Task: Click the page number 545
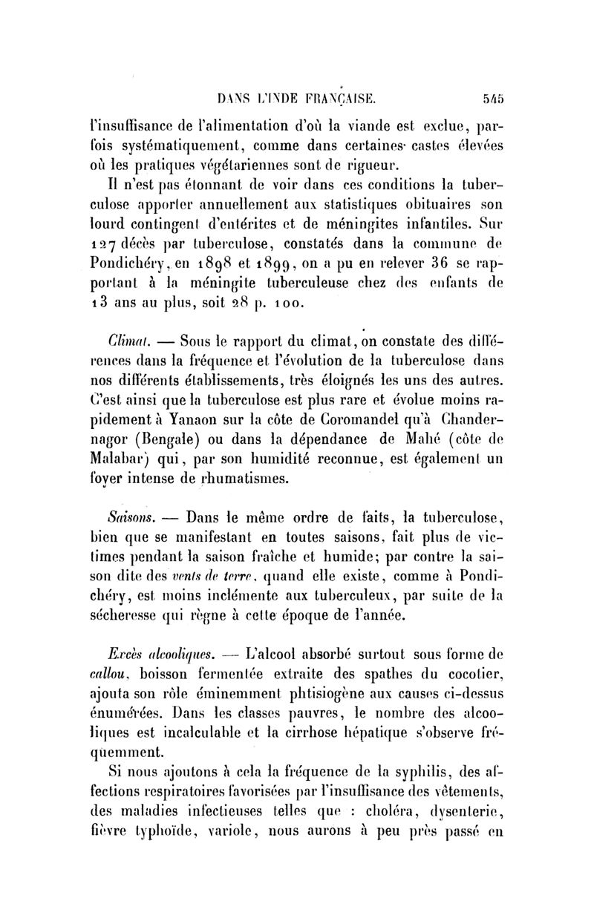pyautogui.click(x=492, y=96)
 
